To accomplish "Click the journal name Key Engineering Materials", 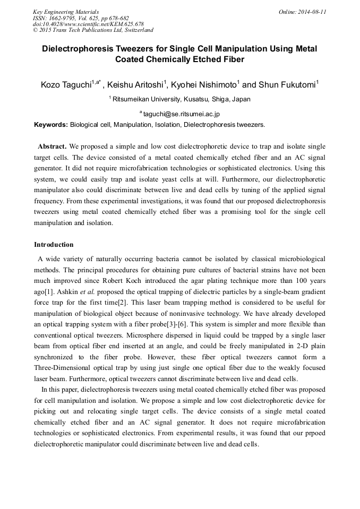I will click(x=66, y=12).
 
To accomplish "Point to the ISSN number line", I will click(x=81, y=18).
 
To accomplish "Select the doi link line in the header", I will click(x=88, y=24).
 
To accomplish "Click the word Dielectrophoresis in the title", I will click(x=81, y=49).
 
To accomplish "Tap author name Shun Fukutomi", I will click(x=287, y=84).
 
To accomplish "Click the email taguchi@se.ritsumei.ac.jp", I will click(x=182, y=114).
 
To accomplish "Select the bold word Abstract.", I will click(x=52, y=146).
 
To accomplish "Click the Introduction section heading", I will click(x=54, y=245).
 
